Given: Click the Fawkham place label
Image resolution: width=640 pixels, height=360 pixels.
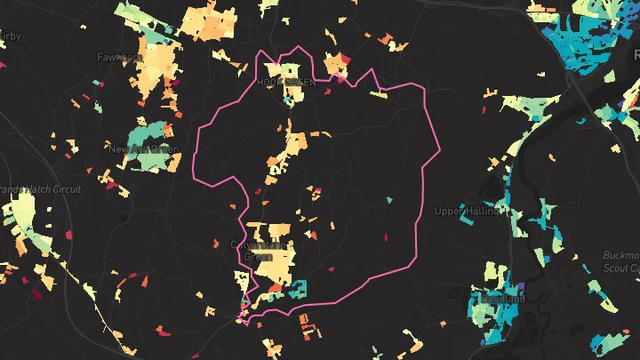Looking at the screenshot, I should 120,58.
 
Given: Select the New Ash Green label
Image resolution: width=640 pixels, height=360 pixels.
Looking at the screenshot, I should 137,148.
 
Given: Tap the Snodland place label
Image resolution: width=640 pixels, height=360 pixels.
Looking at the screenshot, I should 500,300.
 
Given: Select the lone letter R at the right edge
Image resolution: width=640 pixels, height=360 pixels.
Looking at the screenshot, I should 635,52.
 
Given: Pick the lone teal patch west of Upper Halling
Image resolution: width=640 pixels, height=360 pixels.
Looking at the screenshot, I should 389,200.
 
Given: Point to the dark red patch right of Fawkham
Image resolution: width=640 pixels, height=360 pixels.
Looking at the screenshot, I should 172,84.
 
